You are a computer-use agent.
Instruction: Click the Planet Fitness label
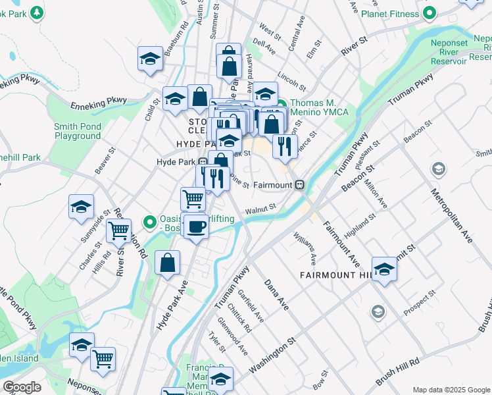(385, 13)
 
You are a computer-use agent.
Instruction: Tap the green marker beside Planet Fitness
(430, 13)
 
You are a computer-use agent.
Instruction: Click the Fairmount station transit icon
(299, 185)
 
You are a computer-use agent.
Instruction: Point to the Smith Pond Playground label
(78, 131)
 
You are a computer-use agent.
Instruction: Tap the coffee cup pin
(196, 227)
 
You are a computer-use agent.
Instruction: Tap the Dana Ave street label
(277, 294)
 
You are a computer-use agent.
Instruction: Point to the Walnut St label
(259, 208)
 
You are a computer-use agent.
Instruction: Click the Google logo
(22, 387)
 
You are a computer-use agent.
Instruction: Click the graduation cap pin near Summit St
(384, 269)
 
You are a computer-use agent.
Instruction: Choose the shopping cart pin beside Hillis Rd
(119, 231)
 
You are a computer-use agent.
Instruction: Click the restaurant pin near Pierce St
(284, 145)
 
